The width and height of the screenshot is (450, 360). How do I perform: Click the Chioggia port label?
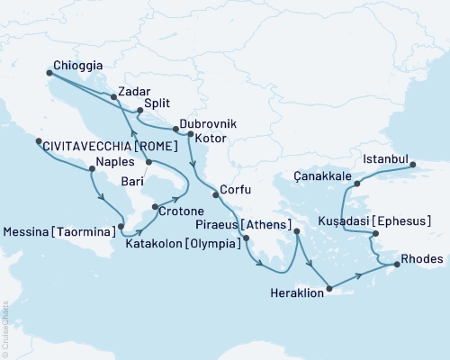click(76, 66)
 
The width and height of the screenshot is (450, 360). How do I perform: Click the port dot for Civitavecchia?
click(37, 141)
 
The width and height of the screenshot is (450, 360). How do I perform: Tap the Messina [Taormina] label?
click(59, 231)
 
